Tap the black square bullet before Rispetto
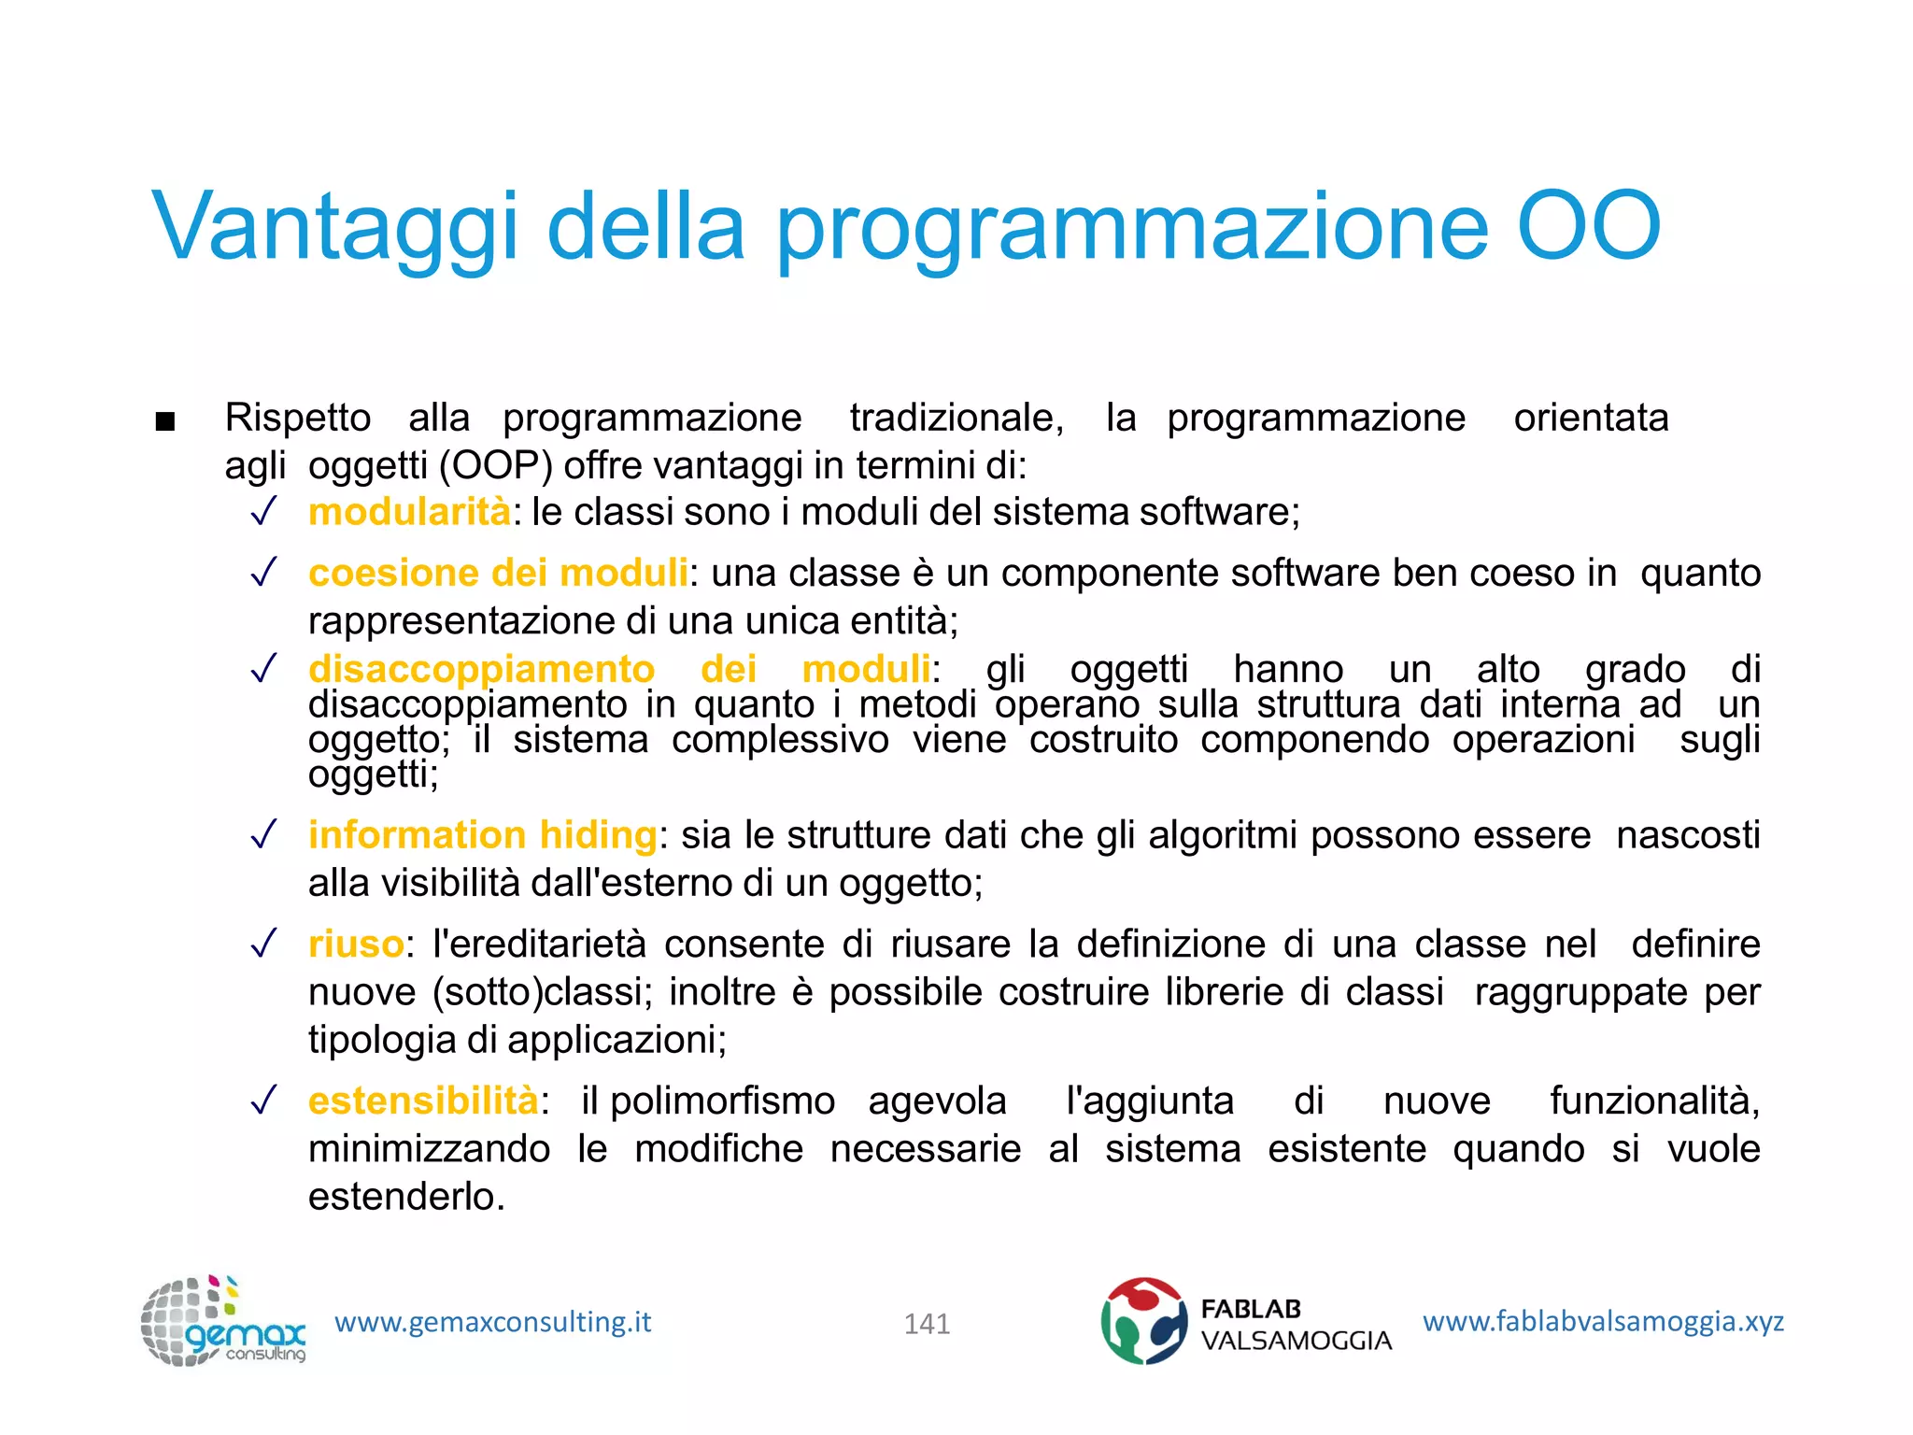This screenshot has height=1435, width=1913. point(165,421)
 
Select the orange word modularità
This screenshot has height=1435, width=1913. point(409,512)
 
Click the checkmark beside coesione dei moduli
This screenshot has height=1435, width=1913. point(264,572)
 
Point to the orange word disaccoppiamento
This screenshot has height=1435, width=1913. point(481,669)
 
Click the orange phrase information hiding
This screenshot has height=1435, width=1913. point(482,834)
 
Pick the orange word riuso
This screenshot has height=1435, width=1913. point(356,944)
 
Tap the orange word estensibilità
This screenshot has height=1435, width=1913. point(423,1101)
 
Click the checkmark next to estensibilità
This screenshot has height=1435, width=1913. point(264,1100)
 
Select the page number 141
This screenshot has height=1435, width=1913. point(927,1324)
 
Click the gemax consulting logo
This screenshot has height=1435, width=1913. point(223,1322)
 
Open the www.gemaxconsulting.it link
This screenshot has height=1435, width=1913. point(492,1322)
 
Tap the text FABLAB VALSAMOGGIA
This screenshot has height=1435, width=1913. point(1296,1325)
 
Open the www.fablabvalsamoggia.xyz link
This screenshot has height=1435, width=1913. point(1603,1321)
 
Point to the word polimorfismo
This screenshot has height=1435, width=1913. point(722,1101)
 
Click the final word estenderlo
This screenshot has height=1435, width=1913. point(406,1197)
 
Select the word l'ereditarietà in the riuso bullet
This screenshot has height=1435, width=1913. point(539,944)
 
